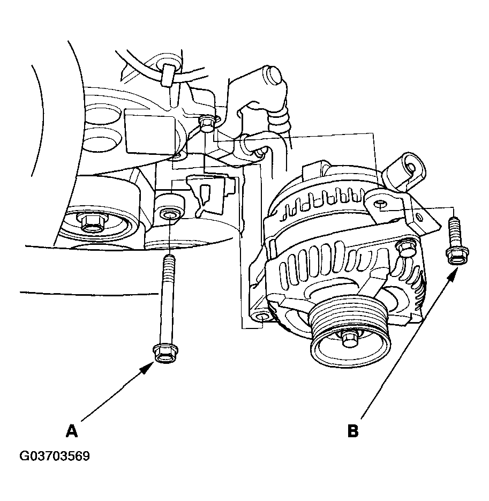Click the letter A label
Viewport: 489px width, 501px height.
coord(72,431)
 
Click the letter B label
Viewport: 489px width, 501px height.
coord(352,431)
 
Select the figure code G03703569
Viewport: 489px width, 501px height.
coord(55,456)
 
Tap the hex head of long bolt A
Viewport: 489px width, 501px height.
coord(165,354)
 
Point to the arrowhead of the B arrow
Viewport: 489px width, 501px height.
coord(454,273)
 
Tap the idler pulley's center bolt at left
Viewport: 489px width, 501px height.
coord(93,223)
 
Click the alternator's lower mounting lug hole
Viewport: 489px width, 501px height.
coord(262,317)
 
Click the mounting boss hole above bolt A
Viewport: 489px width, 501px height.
coord(169,214)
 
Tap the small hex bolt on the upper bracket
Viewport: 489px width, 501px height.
coord(206,123)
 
